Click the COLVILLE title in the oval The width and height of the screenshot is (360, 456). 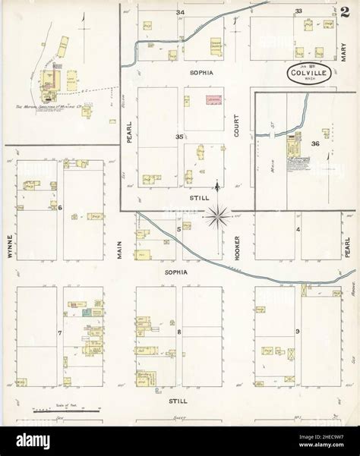click(x=310, y=73)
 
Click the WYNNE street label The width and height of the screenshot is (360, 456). click(x=11, y=245)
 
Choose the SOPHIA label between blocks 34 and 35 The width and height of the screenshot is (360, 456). click(x=201, y=73)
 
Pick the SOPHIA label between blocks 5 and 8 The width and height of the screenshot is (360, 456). click(x=181, y=271)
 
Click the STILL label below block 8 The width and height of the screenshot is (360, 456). click(x=181, y=398)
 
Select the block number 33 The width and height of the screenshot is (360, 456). click(x=298, y=11)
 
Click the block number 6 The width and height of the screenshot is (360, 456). click(x=59, y=207)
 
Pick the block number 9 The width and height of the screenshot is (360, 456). click(x=298, y=330)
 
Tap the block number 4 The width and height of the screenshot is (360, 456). click(x=298, y=228)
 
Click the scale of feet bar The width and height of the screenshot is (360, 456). click(x=64, y=410)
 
